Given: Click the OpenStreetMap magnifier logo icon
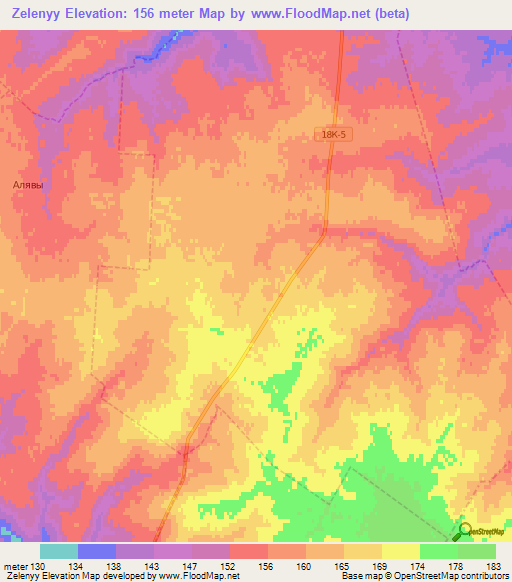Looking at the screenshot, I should tap(465, 531).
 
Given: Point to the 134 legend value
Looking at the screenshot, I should tap(79, 565).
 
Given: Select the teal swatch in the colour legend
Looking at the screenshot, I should tap(59, 551).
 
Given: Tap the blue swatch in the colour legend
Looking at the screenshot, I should tap(97, 551).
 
